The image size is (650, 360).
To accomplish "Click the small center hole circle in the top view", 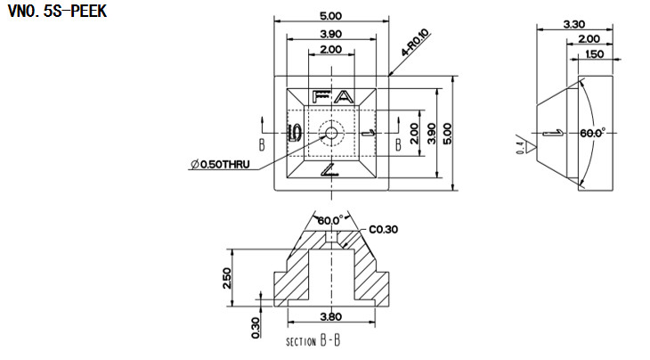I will [331, 133].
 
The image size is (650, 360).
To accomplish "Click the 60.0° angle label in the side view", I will [592, 132].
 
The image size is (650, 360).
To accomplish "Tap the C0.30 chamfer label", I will [381, 229].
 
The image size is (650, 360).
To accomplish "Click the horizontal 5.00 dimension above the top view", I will [330, 16].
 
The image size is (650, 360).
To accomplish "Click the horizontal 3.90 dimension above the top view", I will [330, 34].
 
